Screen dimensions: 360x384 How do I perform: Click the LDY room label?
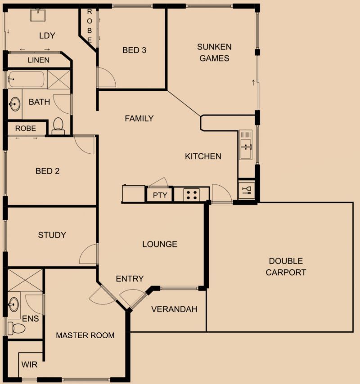[47, 36]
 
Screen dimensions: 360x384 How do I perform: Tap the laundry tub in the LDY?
[38, 15]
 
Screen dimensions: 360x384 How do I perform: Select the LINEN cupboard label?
[39, 60]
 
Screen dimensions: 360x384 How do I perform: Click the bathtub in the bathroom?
[26, 79]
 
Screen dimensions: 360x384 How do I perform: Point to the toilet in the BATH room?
[58, 126]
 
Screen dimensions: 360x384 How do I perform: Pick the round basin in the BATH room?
[15, 104]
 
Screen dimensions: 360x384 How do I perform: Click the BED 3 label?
[134, 50]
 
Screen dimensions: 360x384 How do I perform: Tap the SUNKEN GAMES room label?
[214, 53]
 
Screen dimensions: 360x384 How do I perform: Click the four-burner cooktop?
[192, 195]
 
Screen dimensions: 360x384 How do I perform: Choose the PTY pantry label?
[160, 195]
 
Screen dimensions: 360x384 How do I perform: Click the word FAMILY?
[139, 119]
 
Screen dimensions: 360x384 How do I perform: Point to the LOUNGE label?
[160, 244]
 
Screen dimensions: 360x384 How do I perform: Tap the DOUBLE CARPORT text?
[286, 267]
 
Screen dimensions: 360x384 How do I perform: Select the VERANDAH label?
[174, 309]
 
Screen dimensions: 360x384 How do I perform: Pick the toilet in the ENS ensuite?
[16, 328]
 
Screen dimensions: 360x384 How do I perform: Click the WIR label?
[29, 365]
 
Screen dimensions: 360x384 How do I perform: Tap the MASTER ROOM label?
[85, 335]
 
